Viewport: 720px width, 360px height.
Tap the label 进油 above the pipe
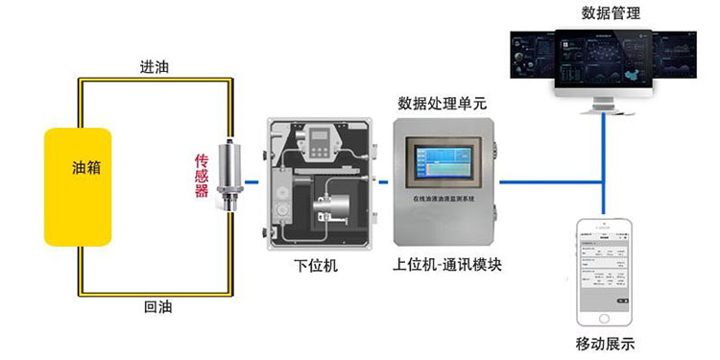tap(154, 67)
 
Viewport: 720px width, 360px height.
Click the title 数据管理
tap(612, 12)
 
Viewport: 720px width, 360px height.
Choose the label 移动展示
tap(605, 344)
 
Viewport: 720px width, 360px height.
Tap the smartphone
tap(605, 273)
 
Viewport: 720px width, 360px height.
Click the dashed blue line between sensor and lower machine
tap(252, 180)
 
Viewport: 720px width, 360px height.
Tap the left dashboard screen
tap(534, 60)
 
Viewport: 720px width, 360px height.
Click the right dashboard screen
tap(676, 60)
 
